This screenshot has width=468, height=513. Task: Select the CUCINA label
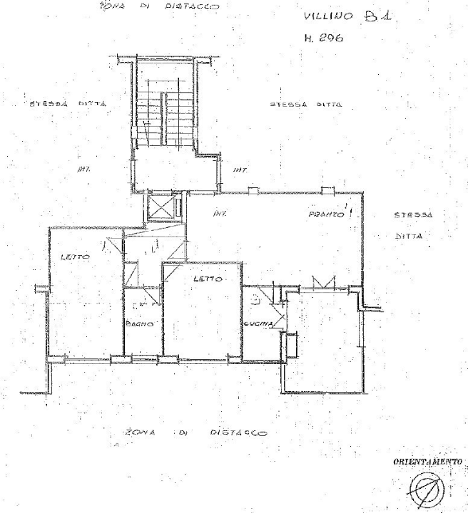[x=258, y=325]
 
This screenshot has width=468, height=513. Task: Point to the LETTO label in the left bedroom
[x=74, y=257]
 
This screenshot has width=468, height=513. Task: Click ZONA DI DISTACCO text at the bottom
[x=196, y=432]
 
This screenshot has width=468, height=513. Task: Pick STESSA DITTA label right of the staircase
[x=306, y=104]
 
